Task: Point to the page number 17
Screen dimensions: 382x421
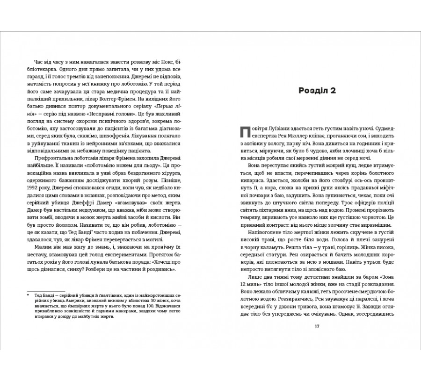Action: (x=317, y=326)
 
